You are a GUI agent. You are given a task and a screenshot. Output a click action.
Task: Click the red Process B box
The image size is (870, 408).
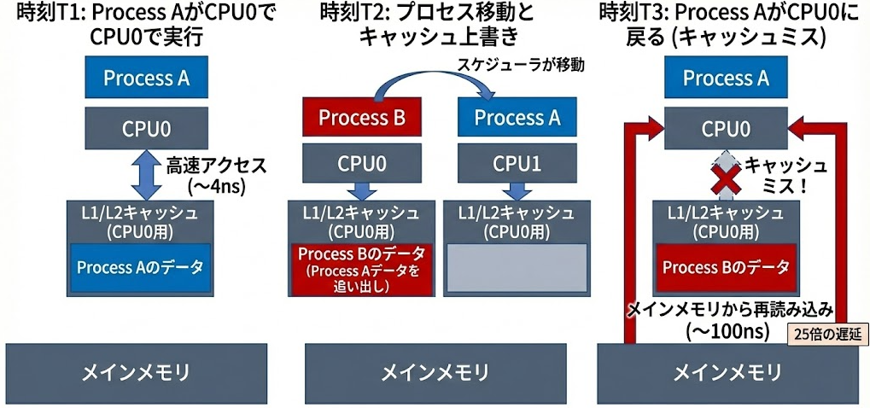point(361,118)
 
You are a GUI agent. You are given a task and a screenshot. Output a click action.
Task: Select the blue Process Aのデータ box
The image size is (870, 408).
point(140,267)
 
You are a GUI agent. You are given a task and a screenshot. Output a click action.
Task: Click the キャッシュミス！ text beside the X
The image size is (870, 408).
point(785,174)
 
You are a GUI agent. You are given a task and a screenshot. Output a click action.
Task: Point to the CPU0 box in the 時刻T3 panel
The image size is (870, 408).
point(726,130)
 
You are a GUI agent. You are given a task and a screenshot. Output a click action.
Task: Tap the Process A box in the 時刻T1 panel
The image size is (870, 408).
point(146,79)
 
